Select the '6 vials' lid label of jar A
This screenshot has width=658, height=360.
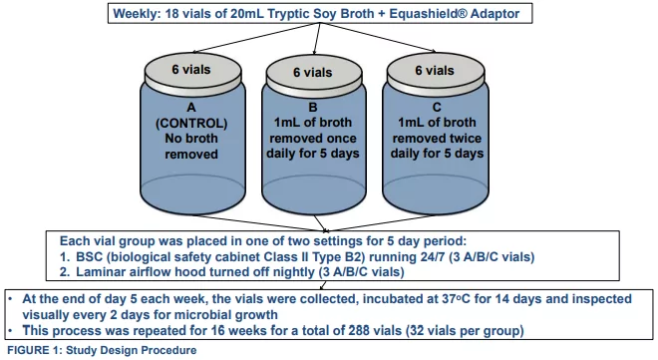coord(191,71)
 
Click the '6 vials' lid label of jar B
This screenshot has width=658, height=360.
coord(313,73)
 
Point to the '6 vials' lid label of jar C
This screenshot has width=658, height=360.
coord(435,71)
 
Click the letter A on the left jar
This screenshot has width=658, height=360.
coord(191,106)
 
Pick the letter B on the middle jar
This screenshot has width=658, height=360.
coord(313,106)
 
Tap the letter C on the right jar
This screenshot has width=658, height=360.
coord(435,106)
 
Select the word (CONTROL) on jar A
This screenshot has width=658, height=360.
coord(191,123)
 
